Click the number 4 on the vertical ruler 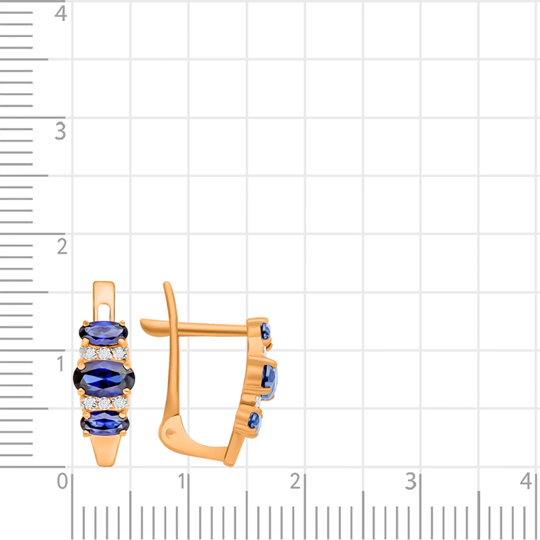click(60, 14)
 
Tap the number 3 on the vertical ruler click(60, 131)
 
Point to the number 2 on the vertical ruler click(62, 247)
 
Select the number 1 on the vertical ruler click(61, 363)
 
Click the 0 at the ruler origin click(62, 481)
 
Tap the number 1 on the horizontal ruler click(181, 481)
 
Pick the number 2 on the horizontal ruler click(295, 481)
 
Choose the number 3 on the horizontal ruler click(411, 481)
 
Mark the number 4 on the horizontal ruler click(526, 481)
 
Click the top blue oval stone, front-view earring click(104, 333)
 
